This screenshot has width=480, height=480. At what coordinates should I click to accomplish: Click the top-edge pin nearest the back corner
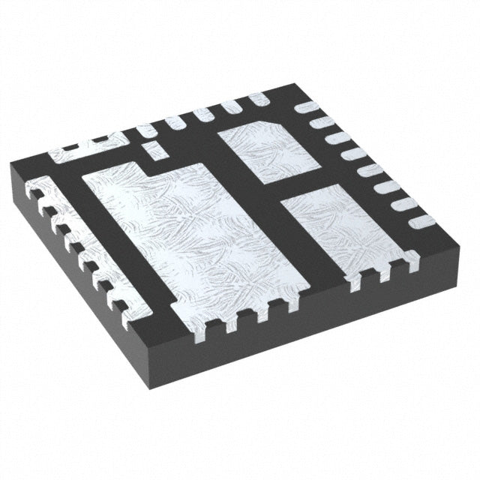[x=259, y=99]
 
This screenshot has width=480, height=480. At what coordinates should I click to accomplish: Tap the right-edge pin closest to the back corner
[x=308, y=107]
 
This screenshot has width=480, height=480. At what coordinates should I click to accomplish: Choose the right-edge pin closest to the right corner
[x=421, y=222]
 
